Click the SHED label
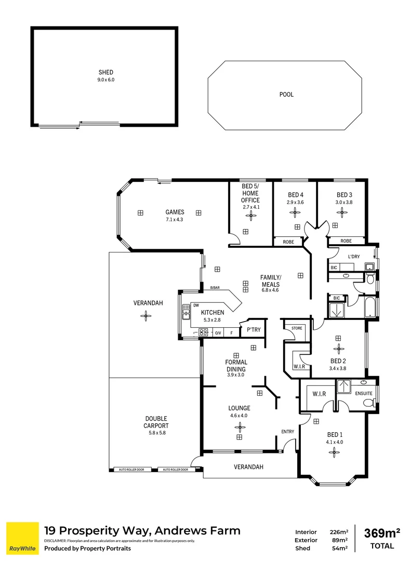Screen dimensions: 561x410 (105, 72)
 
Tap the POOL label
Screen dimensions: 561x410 (286, 95)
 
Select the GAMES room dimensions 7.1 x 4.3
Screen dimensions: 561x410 (174, 219)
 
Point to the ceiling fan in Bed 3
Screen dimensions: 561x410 (342, 211)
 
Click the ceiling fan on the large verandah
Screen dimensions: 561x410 (147, 315)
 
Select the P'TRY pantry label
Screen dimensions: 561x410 (254, 330)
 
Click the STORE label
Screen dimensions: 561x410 (296, 328)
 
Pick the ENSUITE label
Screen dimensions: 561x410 (364, 393)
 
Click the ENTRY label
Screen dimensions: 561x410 (287, 432)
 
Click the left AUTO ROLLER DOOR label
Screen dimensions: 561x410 (133, 470)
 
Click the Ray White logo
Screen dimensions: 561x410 (22, 539)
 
